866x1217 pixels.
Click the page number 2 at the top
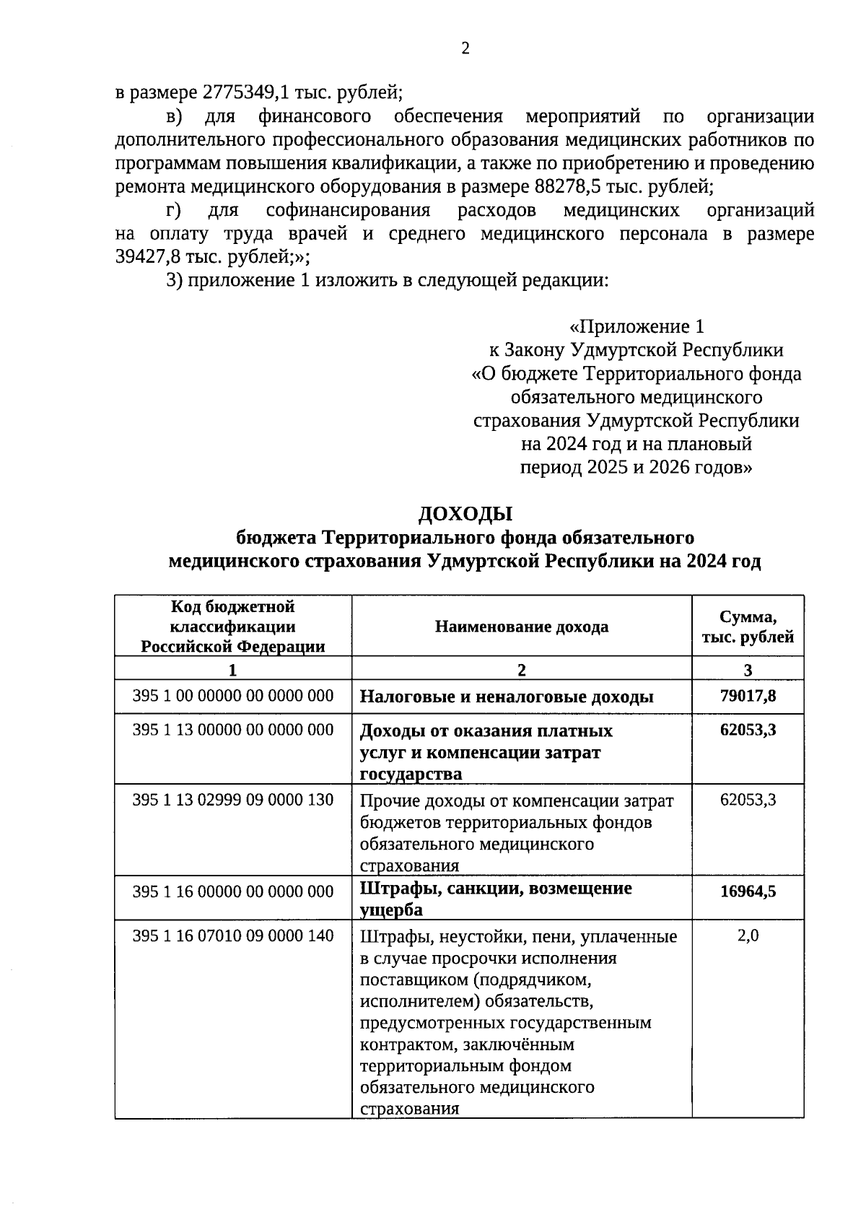coord(465,49)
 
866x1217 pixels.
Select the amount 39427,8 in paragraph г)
coord(148,257)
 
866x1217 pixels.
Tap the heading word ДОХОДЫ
coord(465,514)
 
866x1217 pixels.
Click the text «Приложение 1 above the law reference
coord(636,326)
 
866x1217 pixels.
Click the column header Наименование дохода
coord(521,627)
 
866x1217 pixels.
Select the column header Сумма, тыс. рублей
coord(748,627)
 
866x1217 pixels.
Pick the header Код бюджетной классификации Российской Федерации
coord(232,627)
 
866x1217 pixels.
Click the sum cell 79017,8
coord(748,696)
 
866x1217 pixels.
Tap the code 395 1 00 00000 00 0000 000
coord(232,696)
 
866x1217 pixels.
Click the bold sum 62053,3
coord(748,730)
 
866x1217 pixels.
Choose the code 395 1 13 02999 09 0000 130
coord(232,800)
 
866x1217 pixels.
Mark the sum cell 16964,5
coord(748,891)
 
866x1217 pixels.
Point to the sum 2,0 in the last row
coord(748,936)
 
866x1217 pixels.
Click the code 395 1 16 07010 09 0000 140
coord(232,936)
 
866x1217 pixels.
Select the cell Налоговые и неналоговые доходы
coord(507,697)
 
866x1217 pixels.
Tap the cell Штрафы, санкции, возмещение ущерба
coord(496,898)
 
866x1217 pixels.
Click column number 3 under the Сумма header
coord(748,669)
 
